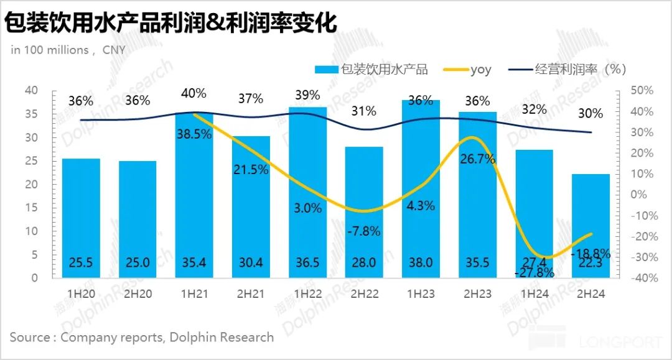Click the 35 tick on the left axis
[31, 114]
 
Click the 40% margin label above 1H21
[194, 93]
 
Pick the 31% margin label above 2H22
[363, 111]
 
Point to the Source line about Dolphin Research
[142, 337]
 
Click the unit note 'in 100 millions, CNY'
[68, 50]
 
